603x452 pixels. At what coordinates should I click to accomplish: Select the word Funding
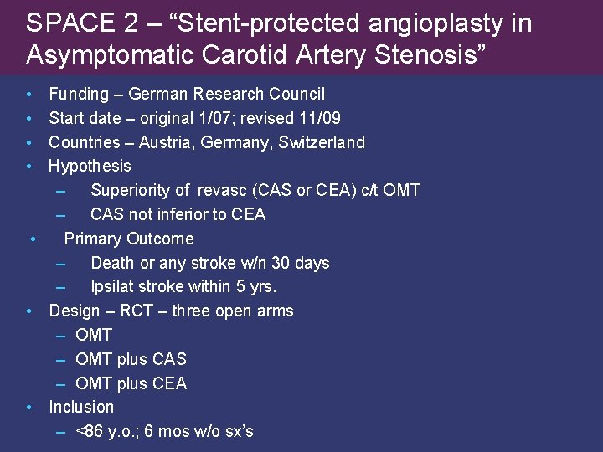[79, 95]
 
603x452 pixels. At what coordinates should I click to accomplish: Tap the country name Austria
[166, 142]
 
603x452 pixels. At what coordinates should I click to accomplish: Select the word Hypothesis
[90, 166]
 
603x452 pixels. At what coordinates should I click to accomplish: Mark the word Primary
[92, 239]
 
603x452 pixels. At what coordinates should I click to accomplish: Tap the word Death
[112, 263]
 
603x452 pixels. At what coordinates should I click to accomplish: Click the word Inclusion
[81, 407]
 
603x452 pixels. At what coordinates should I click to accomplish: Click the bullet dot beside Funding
[29, 95]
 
